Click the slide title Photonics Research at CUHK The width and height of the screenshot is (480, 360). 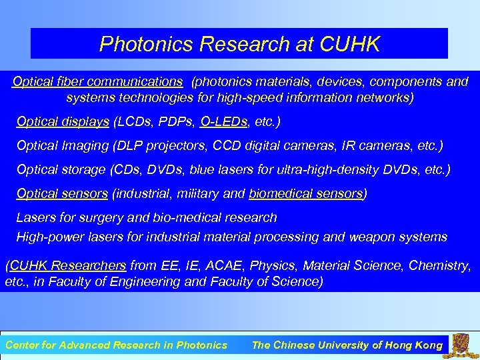pyautogui.click(x=239, y=44)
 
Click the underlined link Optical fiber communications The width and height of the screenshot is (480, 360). pyautogui.click(x=97, y=82)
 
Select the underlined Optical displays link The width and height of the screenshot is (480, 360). pyautogui.click(x=63, y=122)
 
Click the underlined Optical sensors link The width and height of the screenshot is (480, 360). pyautogui.click(x=62, y=194)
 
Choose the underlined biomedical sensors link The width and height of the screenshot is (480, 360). pyautogui.click(x=306, y=194)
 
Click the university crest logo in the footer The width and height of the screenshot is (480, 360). pyautogui.click(x=464, y=345)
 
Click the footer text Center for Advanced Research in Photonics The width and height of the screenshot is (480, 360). pyautogui.click(x=116, y=345)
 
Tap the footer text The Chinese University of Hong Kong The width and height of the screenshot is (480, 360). pyautogui.click(x=347, y=345)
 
